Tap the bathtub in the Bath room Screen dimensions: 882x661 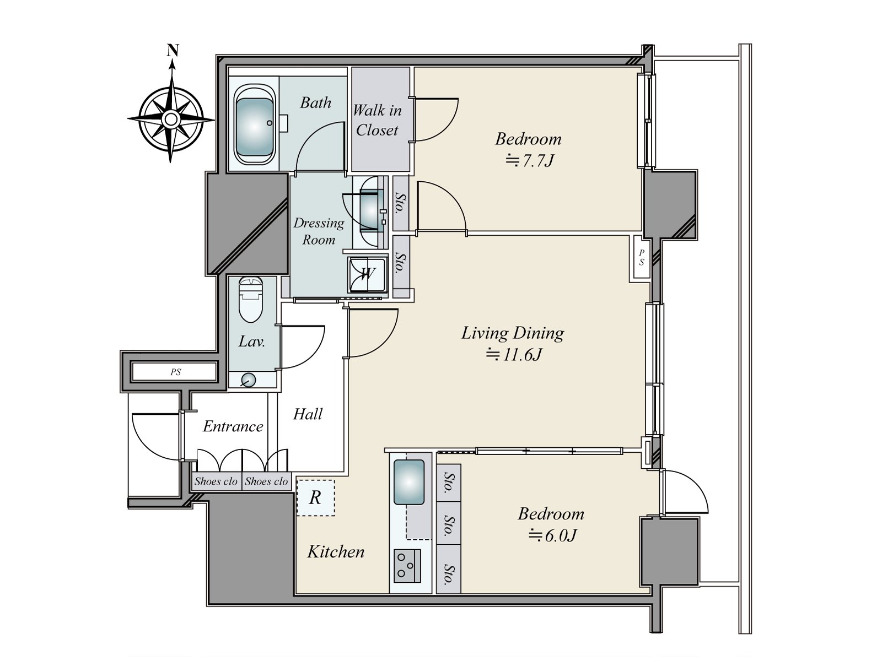click(x=255, y=124)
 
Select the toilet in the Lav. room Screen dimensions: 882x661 click(x=251, y=299)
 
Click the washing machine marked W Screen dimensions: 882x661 click(x=367, y=275)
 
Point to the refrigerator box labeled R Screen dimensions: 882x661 click(x=315, y=497)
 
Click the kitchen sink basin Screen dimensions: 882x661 click(x=409, y=482)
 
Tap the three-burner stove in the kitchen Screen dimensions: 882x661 click(x=407, y=566)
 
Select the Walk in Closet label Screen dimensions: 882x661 click(x=377, y=120)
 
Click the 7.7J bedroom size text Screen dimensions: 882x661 click(x=530, y=160)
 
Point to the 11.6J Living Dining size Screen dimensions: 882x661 click(x=514, y=354)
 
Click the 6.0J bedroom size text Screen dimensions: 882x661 click(x=552, y=535)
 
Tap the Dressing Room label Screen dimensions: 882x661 click(x=319, y=231)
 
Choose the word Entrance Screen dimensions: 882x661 click(x=233, y=426)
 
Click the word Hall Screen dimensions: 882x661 click(x=308, y=414)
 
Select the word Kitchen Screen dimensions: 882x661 click(x=336, y=552)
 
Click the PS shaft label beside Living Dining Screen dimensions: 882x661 click(x=641, y=257)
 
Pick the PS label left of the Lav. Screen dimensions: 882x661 click(x=176, y=372)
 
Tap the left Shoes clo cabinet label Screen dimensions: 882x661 click(x=216, y=481)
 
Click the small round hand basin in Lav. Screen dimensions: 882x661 click(x=249, y=380)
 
